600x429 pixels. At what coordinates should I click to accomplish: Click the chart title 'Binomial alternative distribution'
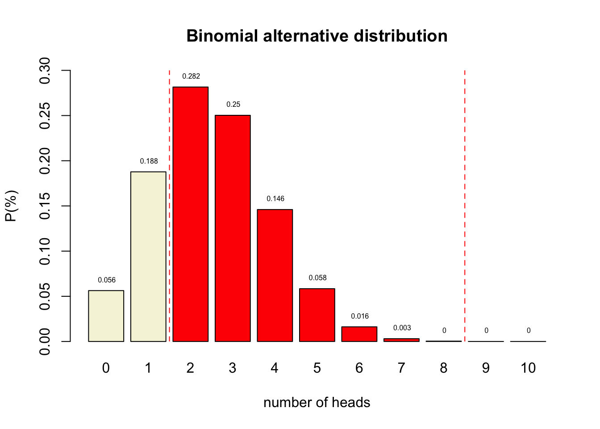(317, 36)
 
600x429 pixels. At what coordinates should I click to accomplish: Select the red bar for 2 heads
(190, 214)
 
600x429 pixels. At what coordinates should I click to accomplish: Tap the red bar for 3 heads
(233, 228)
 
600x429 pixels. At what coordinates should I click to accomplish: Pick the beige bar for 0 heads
(106, 316)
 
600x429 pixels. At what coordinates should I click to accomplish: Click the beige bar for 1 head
(148, 257)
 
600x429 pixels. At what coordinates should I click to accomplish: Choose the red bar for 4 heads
(275, 275)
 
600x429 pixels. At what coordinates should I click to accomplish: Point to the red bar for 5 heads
(317, 315)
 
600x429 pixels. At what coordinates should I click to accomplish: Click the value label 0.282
(191, 76)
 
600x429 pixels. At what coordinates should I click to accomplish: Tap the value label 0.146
(275, 199)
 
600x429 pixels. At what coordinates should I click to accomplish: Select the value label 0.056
(107, 280)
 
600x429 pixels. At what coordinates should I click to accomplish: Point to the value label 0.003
(402, 328)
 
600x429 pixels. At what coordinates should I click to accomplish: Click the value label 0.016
(360, 316)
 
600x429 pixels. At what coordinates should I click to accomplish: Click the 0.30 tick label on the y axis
(45, 71)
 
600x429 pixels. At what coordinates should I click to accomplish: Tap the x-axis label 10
(528, 368)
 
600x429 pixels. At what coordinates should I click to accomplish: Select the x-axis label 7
(401, 368)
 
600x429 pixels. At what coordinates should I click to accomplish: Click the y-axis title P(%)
(11, 206)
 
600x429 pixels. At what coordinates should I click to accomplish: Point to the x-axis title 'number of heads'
(317, 403)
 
